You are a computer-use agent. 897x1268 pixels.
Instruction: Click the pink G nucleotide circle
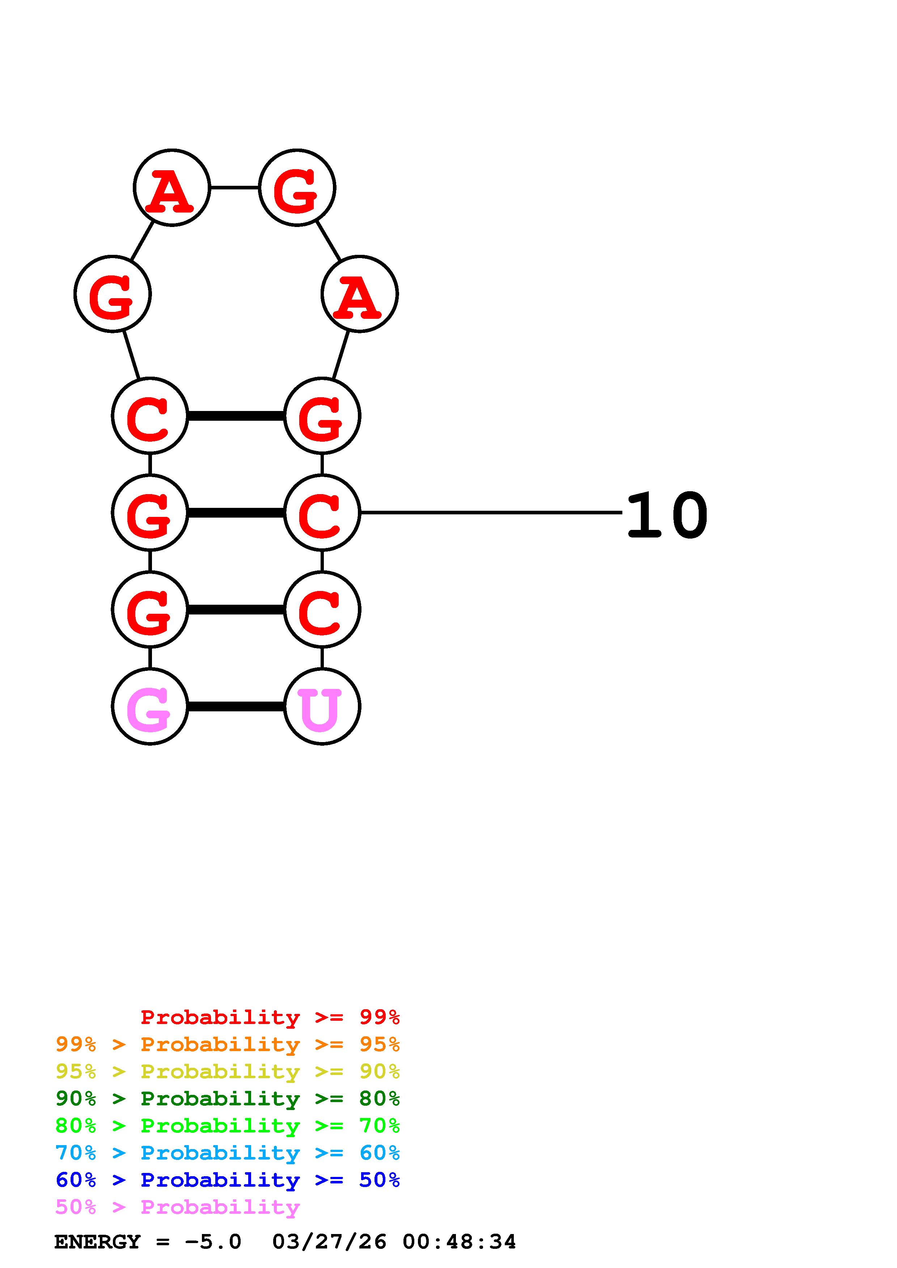(150, 706)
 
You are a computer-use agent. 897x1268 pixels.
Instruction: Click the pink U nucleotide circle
(322, 706)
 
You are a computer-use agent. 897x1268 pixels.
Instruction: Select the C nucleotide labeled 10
(322, 513)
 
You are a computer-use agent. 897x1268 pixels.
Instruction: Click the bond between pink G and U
(236, 706)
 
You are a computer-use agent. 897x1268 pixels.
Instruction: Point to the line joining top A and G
(234, 188)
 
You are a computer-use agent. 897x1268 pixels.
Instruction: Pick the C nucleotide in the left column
(150, 416)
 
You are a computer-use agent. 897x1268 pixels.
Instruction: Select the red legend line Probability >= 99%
(270, 1017)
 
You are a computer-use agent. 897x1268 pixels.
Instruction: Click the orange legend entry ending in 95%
(228, 1044)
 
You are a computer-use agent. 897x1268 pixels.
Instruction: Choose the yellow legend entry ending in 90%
(228, 1071)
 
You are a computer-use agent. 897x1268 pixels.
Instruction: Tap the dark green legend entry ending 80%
(228, 1098)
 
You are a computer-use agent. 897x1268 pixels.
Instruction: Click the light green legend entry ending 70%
(228, 1126)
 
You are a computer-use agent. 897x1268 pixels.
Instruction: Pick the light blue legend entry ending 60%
(228, 1153)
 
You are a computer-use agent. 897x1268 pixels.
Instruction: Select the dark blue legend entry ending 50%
(228, 1180)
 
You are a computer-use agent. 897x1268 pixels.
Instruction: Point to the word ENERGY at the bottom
(97, 1242)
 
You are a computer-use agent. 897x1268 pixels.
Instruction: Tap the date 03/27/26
(329, 1242)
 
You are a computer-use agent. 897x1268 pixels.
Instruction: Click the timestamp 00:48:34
(459, 1242)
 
